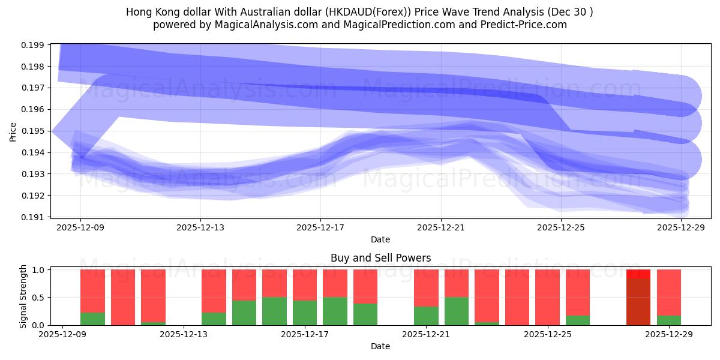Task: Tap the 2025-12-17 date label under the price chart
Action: coord(320,227)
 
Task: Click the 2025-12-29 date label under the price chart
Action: coord(681,227)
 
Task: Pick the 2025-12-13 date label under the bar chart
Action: coord(183,334)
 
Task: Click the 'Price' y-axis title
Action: coord(13,131)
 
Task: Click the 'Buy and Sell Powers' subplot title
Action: coord(380,258)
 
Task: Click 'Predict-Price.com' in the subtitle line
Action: coord(521,25)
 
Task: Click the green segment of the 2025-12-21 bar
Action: coord(426,316)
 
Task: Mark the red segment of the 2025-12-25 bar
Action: coord(547,297)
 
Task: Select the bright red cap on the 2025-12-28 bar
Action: coord(638,274)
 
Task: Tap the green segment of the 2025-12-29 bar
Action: coord(668,320)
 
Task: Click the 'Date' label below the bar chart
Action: coord(380,346)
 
